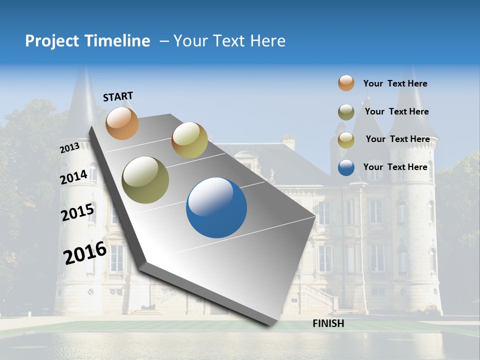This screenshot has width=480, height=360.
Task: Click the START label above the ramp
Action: (x=118, y=96)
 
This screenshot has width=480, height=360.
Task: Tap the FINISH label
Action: (x=328, y=323)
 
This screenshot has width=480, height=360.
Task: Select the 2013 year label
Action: (x=69, y=148)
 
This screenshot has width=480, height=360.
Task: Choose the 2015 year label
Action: (x=77, y=213)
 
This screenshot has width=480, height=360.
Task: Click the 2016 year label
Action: (x=85, y=252)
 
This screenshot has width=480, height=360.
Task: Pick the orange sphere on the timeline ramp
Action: (x=122, y=123)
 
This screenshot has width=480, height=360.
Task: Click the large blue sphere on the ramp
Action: (x=216, y=207)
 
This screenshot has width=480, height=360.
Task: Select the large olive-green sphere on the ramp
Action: (x=145, y=180)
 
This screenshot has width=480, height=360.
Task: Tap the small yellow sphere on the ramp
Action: (x=189, y=140)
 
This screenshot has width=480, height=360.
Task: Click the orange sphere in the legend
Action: (x=346, y=83)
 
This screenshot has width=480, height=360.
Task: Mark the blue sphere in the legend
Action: (x=346, y=167)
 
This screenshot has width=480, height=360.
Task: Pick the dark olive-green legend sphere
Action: (x=346, y=112)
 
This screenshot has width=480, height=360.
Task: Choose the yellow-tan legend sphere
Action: (x=346, y=140)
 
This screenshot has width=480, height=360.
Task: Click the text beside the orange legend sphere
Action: (x=395, y=84)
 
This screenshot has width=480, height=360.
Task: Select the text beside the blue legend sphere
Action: (x=395, y=167)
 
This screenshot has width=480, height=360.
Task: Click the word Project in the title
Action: (x=52, y=41)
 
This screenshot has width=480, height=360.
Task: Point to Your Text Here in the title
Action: (x=229, y=41)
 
